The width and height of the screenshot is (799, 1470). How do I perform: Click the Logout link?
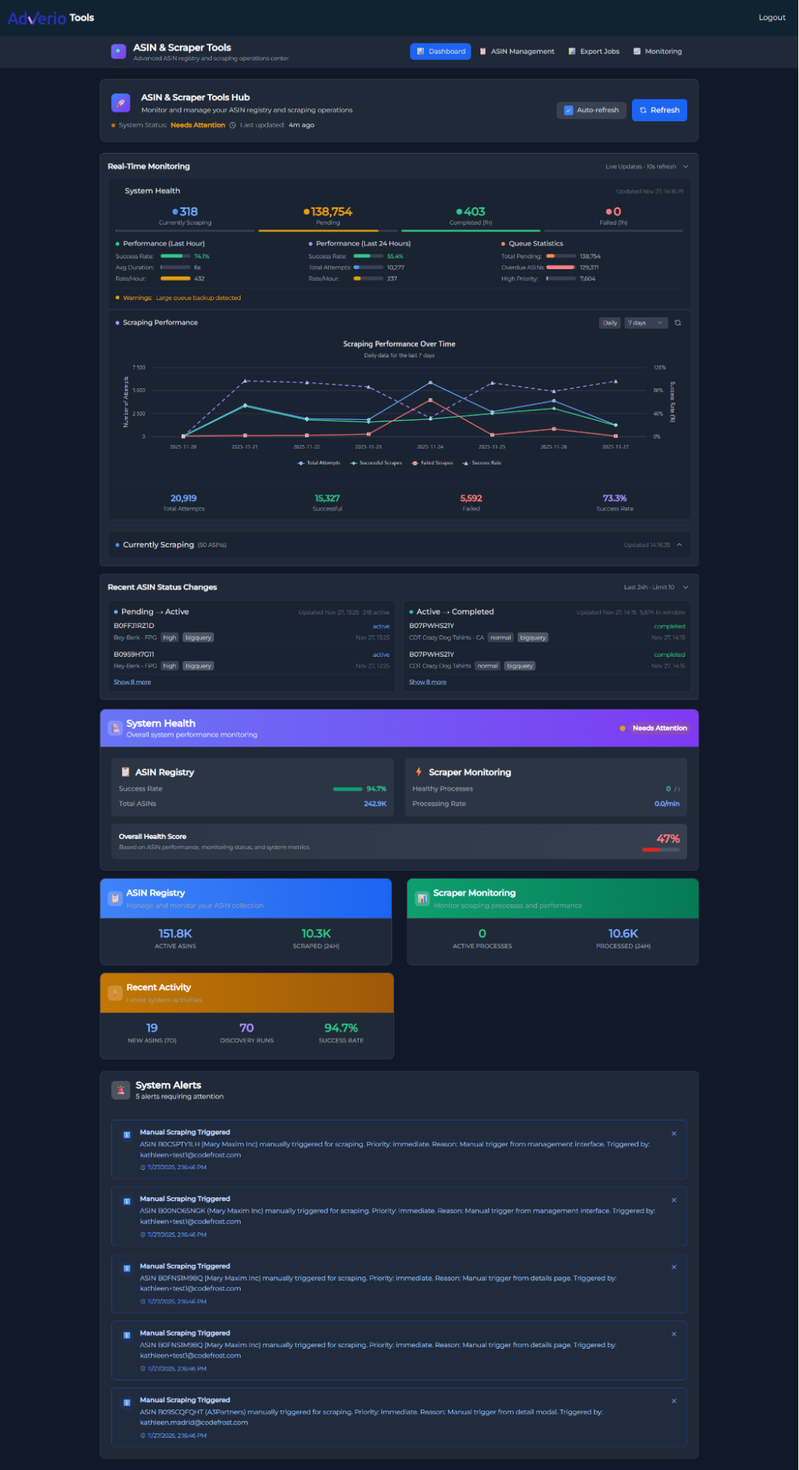772,18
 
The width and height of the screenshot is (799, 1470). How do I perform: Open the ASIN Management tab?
517,51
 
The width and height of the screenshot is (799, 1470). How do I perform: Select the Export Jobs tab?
594,51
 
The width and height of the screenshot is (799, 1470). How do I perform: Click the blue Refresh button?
659,110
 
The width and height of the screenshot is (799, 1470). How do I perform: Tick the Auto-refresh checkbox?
569,110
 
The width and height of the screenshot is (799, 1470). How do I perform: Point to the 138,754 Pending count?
328,212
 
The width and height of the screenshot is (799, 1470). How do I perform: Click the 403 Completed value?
471,212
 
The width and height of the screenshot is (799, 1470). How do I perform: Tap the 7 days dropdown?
645,323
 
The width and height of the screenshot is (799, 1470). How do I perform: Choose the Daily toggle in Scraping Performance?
610,323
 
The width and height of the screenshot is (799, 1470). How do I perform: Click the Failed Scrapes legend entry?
433,463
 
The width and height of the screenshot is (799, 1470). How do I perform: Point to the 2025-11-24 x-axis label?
430,447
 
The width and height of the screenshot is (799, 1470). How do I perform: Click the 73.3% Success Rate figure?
614,499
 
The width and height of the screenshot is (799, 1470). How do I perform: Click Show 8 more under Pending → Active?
132,682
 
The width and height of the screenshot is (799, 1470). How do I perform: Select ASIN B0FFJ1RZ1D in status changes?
134,626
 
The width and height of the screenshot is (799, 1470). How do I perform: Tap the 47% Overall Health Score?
668,839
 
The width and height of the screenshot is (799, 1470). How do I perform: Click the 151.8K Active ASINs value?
175,934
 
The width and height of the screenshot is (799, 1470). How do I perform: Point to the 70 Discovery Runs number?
246,1028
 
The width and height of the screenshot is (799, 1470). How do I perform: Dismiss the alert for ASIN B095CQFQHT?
674,1401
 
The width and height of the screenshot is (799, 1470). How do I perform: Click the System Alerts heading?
168,1085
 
